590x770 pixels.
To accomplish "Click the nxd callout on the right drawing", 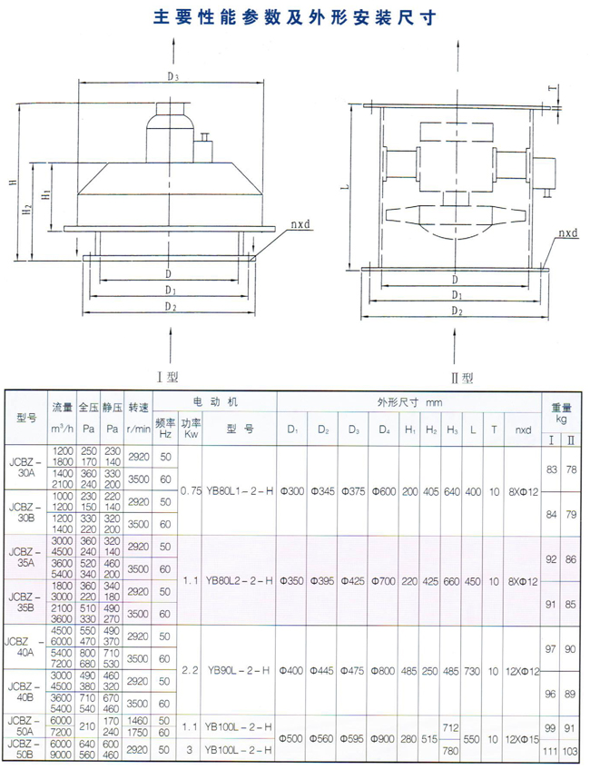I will tap(567, 233).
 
